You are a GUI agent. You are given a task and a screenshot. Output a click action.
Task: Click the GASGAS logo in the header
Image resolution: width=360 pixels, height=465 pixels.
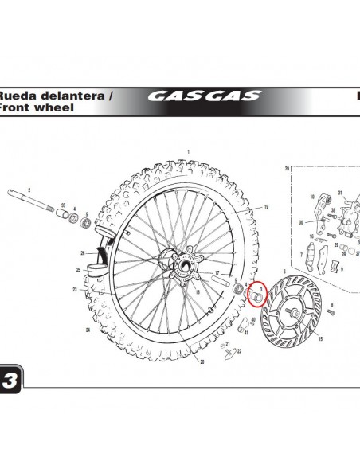click(x=204, y=96)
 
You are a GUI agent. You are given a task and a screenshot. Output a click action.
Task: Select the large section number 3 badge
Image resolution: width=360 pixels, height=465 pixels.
click(x=10, y=379)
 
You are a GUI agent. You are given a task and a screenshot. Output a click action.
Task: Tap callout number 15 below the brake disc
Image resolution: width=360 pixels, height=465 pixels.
click(x=320, y=338)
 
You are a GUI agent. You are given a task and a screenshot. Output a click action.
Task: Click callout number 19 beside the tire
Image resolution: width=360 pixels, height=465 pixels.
click(x=266, y=207)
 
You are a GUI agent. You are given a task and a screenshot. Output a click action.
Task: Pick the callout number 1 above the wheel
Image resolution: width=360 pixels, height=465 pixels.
click(x=188, y=150)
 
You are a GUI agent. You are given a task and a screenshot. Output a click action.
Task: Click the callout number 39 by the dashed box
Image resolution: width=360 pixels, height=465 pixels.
click(x=286, y=169)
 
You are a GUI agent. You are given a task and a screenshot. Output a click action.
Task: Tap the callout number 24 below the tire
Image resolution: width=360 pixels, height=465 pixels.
click(x=87, y=329)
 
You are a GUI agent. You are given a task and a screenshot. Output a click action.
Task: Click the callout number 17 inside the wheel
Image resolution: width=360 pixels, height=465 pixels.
click(x=216, y=273)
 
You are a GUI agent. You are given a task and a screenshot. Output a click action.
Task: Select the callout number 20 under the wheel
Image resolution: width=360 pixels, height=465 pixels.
click(x=202, y=361)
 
